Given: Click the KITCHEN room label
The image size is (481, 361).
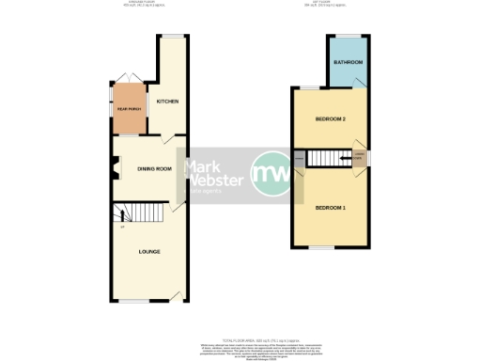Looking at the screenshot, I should point(168,102).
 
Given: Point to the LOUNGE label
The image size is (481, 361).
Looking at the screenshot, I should point(148,251).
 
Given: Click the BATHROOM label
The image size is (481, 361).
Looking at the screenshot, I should point(349,63).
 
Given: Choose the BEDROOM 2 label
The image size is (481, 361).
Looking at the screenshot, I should point(331,119).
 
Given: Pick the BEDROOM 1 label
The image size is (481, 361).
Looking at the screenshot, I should point(330,207).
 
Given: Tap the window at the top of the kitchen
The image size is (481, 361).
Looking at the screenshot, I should point(172,37).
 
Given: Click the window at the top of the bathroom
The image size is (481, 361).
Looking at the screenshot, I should point(348,37).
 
